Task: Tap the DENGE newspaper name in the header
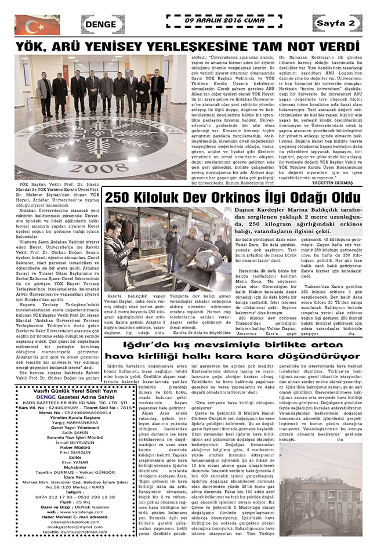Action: click(103, 24)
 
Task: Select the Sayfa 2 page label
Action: click(336, 22)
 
